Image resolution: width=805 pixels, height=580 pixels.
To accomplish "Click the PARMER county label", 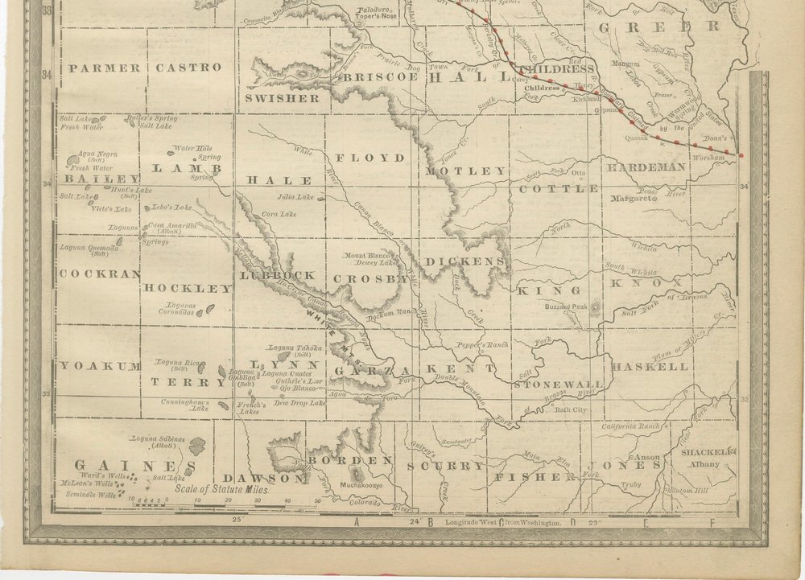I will click(x=105, y=68).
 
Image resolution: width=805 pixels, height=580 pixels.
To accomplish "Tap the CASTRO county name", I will click(x=188, y=68).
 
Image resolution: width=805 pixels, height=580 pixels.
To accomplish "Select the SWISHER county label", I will click(x=283, y=98).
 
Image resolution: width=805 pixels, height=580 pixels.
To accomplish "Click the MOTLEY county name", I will click(x=466, y=171).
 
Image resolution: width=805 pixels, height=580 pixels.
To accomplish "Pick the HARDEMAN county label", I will click(x=646, y=167).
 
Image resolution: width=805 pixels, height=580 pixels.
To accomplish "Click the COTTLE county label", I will click(x=559, y=189).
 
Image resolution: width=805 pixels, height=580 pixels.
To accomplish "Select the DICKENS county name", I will click(x=465, y=261).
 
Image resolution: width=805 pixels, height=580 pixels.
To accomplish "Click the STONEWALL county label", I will click(x=559, y=385).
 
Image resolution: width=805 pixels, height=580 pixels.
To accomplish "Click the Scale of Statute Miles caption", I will click(x=221, y=489).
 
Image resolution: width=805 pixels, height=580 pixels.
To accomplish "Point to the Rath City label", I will click(x=572, y=409).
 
